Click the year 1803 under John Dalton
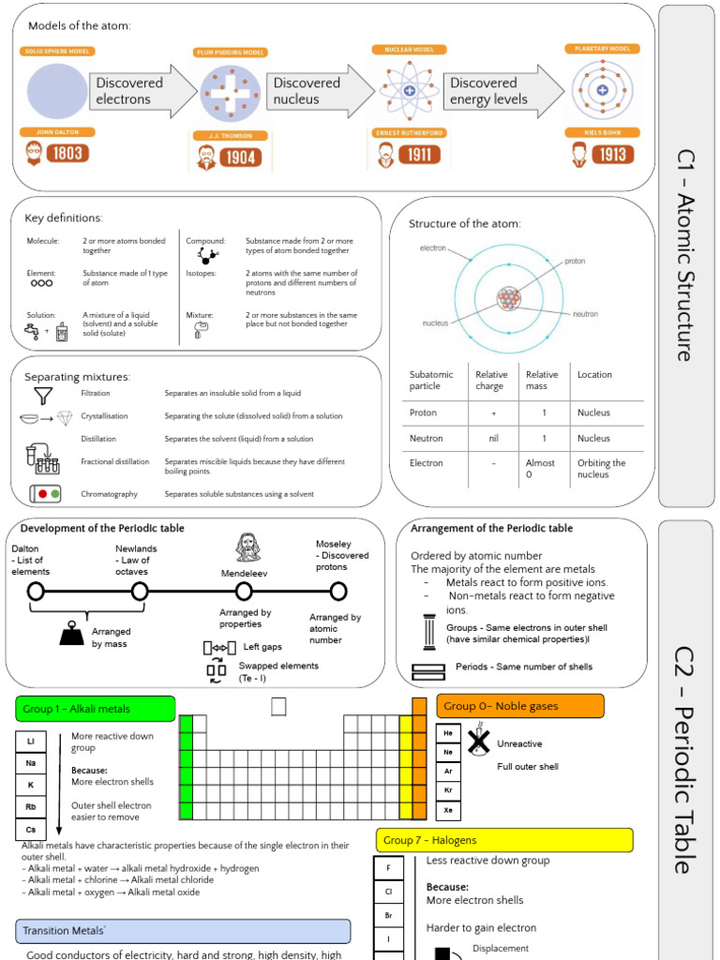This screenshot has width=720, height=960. coord(67,153)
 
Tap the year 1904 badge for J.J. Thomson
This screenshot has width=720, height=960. coord(240,157)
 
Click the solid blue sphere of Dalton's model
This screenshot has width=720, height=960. coord(57,91)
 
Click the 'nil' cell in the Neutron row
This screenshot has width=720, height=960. coord(493,438)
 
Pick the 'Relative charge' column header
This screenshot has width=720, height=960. coord(491,380)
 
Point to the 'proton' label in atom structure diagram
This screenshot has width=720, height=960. coord(575,262)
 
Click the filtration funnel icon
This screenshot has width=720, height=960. coord(43,395)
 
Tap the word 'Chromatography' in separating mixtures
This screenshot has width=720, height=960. coord(109,494)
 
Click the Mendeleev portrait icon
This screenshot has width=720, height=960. coord(247,547)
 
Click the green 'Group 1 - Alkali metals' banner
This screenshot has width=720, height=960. coord(96,709)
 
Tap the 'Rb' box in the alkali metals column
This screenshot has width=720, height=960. coord(31,807)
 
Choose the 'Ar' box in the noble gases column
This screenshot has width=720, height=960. coord(448,772)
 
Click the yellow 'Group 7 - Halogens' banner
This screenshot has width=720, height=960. coord(504,840)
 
